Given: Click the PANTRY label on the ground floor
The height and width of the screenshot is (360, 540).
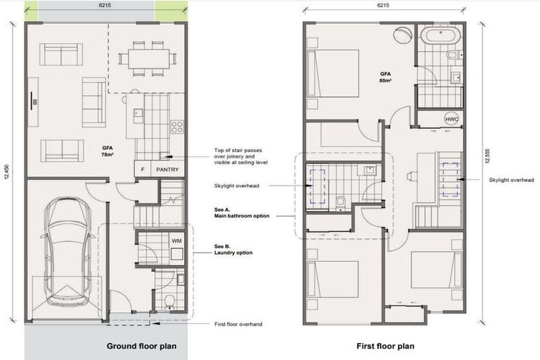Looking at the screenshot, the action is tap(167, 169).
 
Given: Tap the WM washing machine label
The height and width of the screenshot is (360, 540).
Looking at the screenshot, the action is tap(176, 240).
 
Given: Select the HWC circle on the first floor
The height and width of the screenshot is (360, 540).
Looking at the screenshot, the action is tap(451, 120).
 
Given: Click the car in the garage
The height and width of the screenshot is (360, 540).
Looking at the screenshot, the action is tap(67, 251).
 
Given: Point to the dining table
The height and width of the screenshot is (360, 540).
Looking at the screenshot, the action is tap(149, 58).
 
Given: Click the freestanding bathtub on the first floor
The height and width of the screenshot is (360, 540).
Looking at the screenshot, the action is tap(440, 35).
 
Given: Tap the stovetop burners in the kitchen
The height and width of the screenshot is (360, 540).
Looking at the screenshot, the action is tap(177, 127).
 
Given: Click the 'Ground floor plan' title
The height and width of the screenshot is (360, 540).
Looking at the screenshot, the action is tap(141, 346).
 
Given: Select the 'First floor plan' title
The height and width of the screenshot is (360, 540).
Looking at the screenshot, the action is tap(385, 346).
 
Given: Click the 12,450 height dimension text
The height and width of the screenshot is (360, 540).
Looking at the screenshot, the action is tap(7, 172).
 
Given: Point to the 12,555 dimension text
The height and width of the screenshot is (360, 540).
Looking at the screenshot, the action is tap(487, 156).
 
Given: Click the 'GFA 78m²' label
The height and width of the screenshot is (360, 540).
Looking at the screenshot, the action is tap(108, 152).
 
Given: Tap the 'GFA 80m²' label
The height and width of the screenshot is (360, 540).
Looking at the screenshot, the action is tap(386, 77).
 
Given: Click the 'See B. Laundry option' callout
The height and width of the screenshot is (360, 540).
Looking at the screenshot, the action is tap(233, 250).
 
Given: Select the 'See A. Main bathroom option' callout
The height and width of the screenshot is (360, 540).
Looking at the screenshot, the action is tap(242, 213).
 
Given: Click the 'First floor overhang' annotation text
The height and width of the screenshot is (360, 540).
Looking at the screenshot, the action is tap(238, 324).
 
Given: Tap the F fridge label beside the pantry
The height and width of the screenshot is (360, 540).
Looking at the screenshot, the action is tap(143, 169).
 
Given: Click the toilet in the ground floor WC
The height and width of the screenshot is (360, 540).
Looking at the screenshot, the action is tap(169, 302).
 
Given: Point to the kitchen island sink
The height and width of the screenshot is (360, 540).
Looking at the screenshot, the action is tap(139, 112).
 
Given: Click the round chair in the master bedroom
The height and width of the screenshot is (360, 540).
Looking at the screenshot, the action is tap(402, 34).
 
